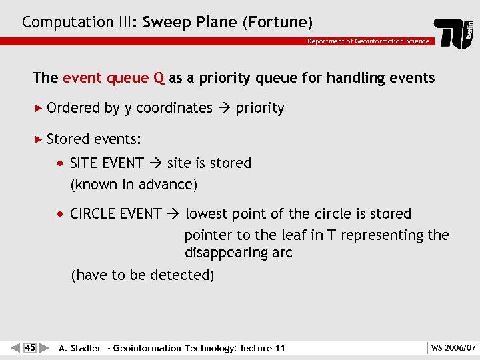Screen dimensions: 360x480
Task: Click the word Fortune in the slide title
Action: tap(278, 22)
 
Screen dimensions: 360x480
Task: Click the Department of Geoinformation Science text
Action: tap(368, 41)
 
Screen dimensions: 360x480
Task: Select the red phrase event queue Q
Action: tap(113, 78)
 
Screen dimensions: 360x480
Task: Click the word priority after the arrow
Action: tap(260, 108)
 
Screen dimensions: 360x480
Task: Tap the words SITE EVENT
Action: tap(107, 163)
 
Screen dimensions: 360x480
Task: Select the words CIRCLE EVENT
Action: tap(115, 214)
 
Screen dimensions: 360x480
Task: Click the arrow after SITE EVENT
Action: tap(155, 163)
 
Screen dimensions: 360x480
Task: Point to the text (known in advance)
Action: tap(134, 184)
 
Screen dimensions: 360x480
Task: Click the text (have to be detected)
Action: tap(142, 275)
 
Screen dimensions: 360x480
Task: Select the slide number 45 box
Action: tap(29, 347)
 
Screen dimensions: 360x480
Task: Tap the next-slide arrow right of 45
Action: tap(44, 347)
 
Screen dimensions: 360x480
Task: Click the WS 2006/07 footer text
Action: tap(453, 347)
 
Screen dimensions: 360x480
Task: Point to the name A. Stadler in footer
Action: tap(80, 348)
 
